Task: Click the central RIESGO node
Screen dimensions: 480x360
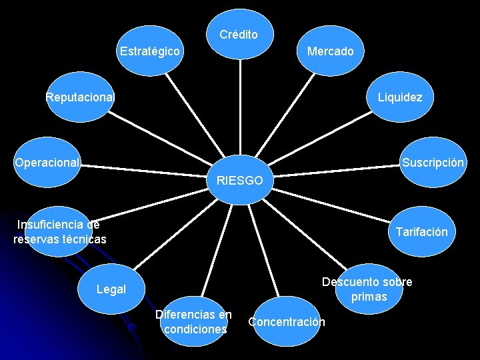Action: point(240,180)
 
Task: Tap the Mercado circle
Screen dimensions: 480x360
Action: point(331,51)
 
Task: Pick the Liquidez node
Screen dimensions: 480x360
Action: point(400,97)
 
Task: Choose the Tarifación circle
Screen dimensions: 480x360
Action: point(421,232)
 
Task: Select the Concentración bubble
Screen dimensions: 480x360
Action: point(287,322)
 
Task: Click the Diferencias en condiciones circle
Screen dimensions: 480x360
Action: point(194,322)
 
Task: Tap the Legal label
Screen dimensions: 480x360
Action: point(111,289)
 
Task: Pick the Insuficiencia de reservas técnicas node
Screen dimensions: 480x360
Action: point(60,231)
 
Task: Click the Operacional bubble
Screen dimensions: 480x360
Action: point(47,162)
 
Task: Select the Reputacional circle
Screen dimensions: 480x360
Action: point(80,97)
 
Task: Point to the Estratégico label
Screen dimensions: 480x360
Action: point(149,51)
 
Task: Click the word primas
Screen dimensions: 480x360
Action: point(369,297)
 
